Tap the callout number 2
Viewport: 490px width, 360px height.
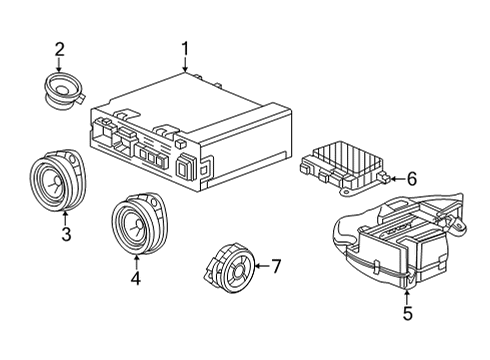pyautogui.click(x=59, y=48)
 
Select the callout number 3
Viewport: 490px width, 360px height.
pyautogui.click(x=65, y=235)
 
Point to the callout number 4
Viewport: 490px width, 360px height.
pyautogui.click(x=137, y=279)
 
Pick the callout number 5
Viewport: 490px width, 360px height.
pyautogui.click(x=407, y=312)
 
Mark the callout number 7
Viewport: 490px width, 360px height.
pyautogui.click(x=278, y=266)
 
